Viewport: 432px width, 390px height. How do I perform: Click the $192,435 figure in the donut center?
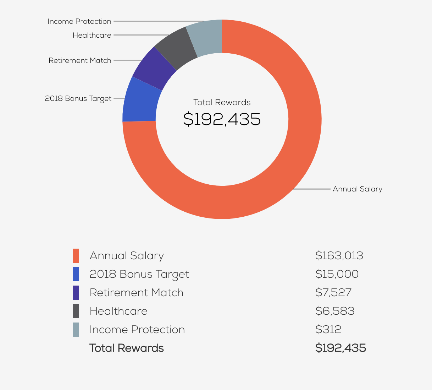[222, 119]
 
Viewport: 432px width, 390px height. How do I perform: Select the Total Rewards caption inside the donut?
[222, 103]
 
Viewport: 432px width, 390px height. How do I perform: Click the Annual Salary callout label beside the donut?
[357, 189]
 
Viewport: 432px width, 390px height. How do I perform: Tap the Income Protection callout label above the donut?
[79, 21]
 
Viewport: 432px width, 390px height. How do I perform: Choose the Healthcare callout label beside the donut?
[92, 35]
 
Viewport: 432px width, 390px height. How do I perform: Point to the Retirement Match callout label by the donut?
[80, 60]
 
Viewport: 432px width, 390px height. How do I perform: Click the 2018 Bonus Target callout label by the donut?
[78, 98]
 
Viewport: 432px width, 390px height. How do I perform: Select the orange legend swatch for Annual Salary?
[76, 256]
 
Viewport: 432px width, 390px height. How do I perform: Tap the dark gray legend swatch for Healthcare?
[76, 311]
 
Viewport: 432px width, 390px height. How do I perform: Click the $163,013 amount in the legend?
[339, 256]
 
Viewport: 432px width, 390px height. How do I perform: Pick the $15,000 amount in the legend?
[337, 274]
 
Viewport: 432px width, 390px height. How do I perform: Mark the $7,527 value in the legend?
[333, 293]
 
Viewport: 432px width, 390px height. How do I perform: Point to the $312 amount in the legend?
[328, 330]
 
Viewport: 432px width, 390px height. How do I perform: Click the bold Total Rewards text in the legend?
[127, 348]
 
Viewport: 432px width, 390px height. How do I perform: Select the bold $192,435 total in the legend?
[340, 348]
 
